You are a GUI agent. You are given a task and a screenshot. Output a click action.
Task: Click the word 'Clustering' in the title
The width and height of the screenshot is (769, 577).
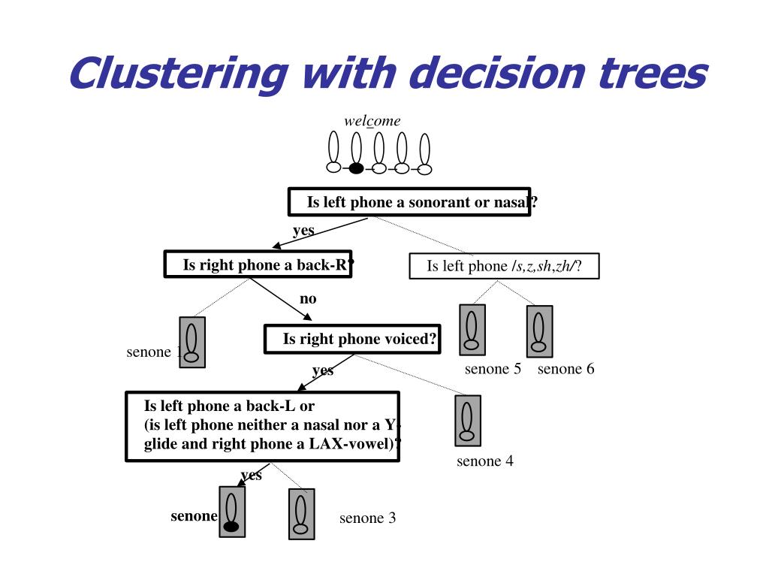click(x=177, y=74)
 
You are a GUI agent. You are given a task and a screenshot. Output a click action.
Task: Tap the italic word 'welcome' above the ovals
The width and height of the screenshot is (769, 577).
click(x=372, y=121)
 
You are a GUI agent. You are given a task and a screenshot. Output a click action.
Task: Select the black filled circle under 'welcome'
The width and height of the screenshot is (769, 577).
click(x=356, y=168)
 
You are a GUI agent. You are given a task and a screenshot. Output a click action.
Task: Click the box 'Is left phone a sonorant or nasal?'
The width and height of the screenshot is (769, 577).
click(x=409, y=202)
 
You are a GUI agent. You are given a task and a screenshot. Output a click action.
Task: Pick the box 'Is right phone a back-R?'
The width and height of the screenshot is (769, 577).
click(x=258, y=264)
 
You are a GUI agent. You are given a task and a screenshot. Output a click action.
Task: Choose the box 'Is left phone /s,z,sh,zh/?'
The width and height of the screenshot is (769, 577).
click(x=504, y=266)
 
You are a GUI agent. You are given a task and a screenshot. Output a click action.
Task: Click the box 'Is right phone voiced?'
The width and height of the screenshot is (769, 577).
click(x=352, y=339)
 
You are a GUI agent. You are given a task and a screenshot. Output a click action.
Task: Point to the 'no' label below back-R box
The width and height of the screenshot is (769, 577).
click(x=308, y=299)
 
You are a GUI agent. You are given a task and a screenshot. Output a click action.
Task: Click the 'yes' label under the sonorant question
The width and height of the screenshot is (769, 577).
click(x=303, y=230)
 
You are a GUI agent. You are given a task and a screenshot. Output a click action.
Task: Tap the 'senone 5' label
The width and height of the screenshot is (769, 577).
click(x=493, y=369)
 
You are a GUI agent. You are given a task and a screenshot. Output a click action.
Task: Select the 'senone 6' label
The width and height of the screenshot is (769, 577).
click(x=565, y=369)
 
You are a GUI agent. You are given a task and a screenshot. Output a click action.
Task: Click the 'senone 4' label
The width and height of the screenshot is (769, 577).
click(x=485, y=461)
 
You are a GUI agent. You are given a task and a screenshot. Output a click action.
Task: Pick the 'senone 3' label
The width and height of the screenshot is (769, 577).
click(x=367, y=518)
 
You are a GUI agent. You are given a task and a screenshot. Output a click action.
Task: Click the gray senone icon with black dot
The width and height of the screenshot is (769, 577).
click(x=232, y=512)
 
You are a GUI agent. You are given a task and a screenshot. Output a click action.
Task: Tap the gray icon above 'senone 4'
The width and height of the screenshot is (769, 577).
click(x=467, y=421)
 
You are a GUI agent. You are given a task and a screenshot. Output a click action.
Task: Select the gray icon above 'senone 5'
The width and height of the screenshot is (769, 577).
click(x=472, y=330)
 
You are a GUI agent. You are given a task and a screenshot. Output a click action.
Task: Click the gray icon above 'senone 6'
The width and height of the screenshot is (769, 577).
click(x=539, y=331)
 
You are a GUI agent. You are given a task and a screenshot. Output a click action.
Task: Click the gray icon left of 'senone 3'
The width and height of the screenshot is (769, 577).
click(x=301, y=514)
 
